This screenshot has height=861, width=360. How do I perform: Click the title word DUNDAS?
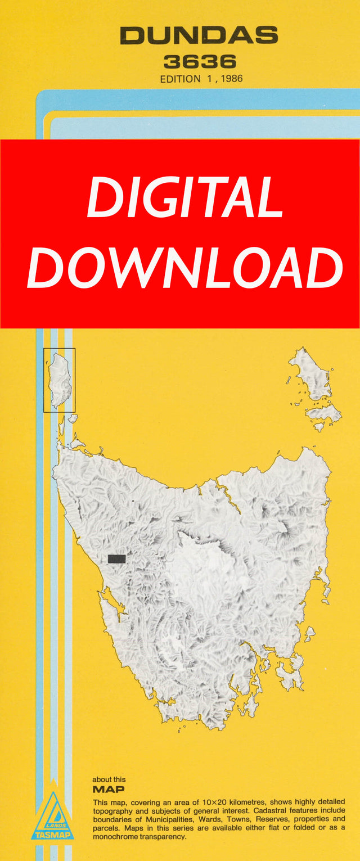tap(199, 37)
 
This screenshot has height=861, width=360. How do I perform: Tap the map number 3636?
tap(200, 62)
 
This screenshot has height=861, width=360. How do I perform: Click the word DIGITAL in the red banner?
tap(184, 199)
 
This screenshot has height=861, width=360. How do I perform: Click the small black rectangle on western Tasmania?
tap(116, 558)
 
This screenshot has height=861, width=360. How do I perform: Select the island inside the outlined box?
tap(58, 380)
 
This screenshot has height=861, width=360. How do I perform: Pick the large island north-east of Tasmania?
tap(310, 374)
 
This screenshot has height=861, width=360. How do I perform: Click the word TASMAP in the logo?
tap(52, 835)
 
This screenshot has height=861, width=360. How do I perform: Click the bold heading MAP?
tap(109, 790)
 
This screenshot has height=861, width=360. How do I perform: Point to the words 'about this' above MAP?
tap(109, 779)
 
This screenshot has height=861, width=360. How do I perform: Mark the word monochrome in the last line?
tap(118, 836)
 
